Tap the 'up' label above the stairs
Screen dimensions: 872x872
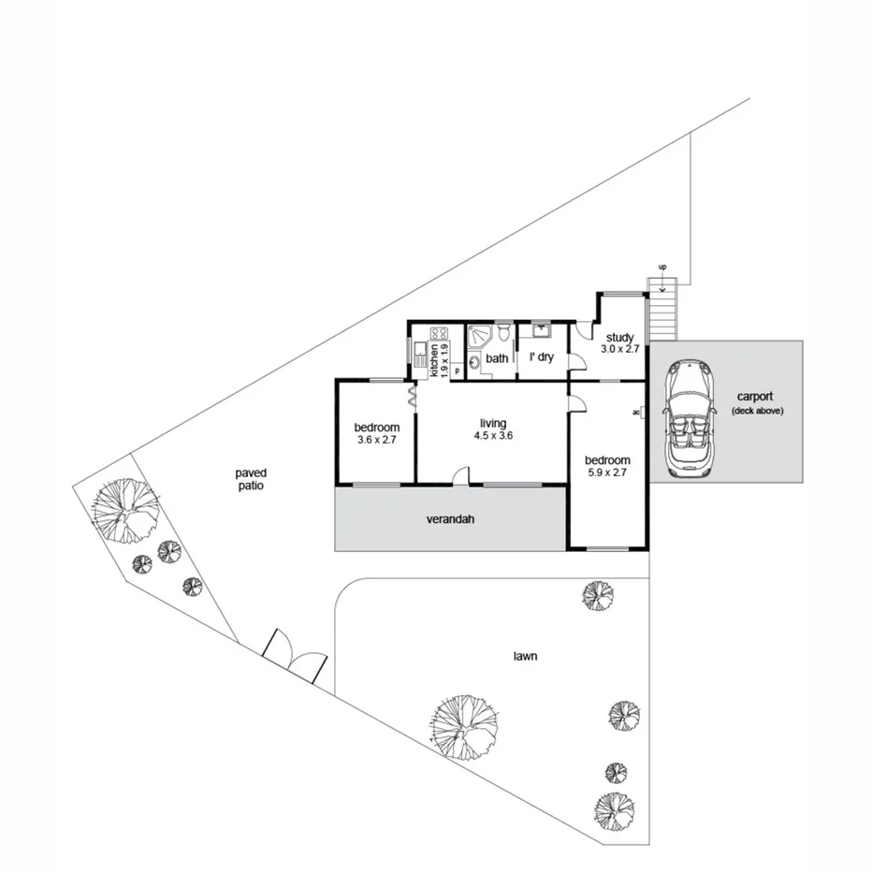point(662,269)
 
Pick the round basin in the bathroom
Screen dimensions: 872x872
point(473,361)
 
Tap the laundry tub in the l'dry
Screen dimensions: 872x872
point(542,330)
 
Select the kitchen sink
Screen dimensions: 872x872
point(420,356)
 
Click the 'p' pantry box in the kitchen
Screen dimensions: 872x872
point(457,371)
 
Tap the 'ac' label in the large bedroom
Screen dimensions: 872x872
point(636,412)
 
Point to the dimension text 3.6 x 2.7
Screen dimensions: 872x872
point(377,439)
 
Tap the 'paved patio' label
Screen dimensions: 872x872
point(251,480)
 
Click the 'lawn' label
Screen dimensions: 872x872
point(524,657)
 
